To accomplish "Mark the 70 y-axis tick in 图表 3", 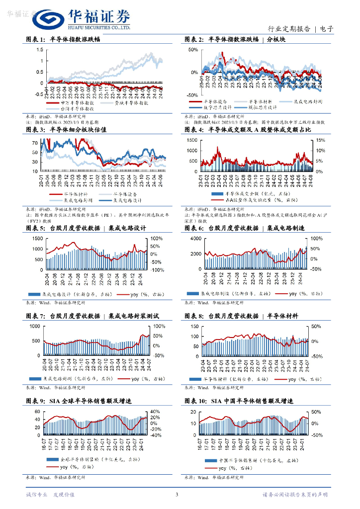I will (34, 143).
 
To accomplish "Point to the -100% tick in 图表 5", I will (158, 270).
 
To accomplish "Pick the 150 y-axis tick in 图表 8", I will (194, 326).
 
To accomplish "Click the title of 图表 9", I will (82, 401).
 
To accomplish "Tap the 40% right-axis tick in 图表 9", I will (155, 411).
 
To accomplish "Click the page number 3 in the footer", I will (177, 494).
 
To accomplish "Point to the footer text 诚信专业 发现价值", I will (50, 495).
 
